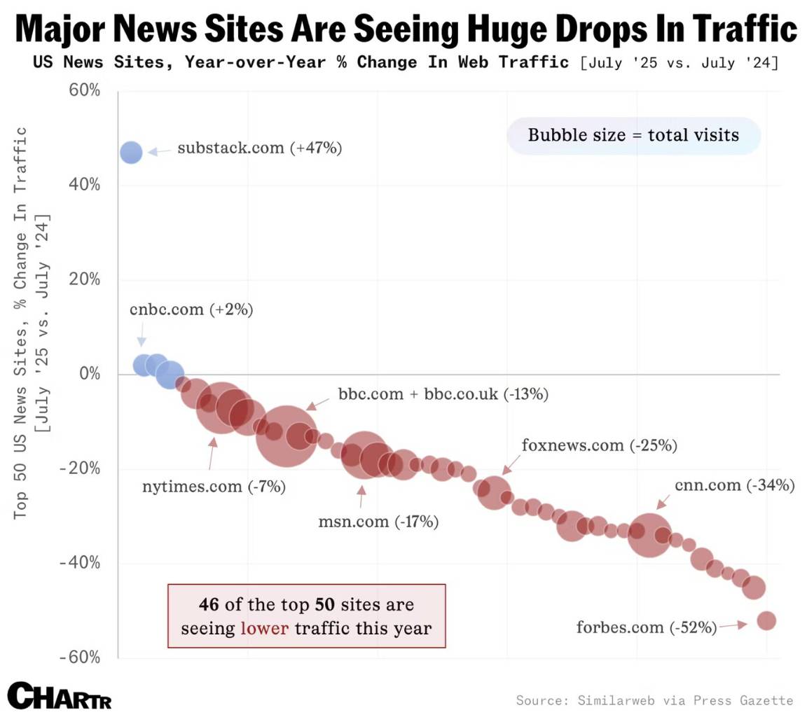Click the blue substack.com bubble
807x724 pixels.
[x=131, y=152]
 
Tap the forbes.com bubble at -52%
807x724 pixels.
[x=766, y=620]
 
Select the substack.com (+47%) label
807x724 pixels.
[x=259, y=148]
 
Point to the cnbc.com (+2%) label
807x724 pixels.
[x=191, y=309]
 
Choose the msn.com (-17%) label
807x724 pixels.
[x=378, y=522]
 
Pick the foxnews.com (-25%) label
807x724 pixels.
[x=600, y=445]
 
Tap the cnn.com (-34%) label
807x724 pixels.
[x=734, y=485]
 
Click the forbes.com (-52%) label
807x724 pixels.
[x=646, y=627]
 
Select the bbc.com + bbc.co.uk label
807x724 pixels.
[x=443, y=394]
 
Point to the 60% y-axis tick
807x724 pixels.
[x=84, y=91]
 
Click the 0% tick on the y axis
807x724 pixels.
[x=90, y=374]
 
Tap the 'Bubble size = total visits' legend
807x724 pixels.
[x=633, y=135]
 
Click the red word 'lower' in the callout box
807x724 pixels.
[x=264, y=628]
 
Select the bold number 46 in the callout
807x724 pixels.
[x=208, y=604]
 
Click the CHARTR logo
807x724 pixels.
[x=60, y=697]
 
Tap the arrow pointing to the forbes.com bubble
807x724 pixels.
[x=733, y=625]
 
